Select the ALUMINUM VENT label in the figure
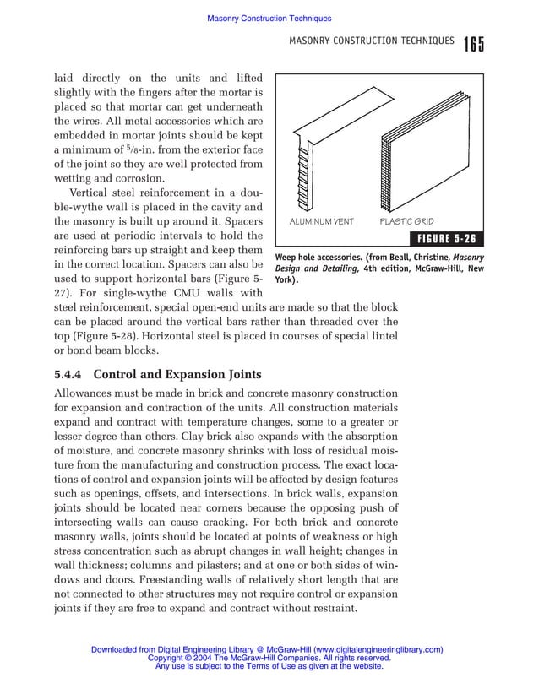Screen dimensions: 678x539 pyautogui.click(x=322, y=222)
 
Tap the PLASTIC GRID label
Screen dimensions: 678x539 pyautogui.click(x=406, y=222)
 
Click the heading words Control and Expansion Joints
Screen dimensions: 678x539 pyautogui.click(x=177, y=374)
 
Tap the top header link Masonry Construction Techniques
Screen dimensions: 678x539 pyautogui.click(x=269, y=19)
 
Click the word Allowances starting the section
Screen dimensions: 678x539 pyautogui.click(x=85, y=394)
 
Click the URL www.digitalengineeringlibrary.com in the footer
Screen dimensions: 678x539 pyautogui.click(x=377, y=649)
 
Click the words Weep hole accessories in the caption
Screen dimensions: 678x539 pyautogui.click(x=319, y=257)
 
